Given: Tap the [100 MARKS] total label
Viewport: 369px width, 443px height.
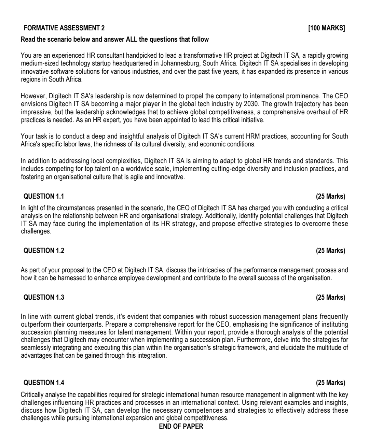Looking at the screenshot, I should (326, 28).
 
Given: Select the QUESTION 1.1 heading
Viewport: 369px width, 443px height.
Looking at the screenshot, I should (43, 196).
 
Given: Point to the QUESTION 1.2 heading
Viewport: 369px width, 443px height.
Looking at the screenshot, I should (43, 251).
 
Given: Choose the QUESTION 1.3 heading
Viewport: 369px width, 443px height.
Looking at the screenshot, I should (43, 297).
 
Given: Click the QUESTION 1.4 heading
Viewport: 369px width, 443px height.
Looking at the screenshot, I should (43, 382).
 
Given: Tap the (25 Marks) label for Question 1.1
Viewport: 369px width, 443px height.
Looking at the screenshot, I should (330, 196).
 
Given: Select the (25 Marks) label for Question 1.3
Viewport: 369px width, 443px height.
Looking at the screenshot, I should (330, 297).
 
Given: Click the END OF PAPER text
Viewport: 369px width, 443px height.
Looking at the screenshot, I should (181, 426).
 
